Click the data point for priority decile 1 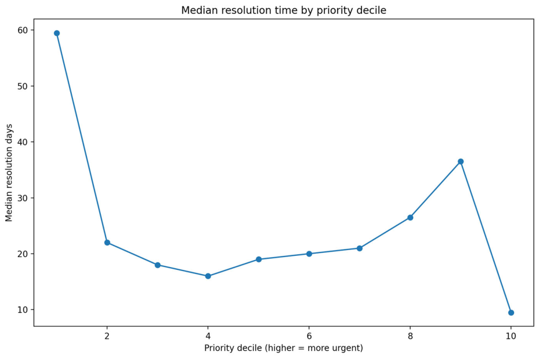tap(57, 33)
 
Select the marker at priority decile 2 tap(107, 243)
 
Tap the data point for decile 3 tap(158, 265)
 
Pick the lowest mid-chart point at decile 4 tap(208, 276)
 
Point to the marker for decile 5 tap(258, 259)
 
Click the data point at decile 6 tap(309, 254)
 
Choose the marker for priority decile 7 tap(360, 248)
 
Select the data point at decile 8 tap(410, 217)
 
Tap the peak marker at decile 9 tap(461, 161)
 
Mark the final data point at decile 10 tap(511, 312)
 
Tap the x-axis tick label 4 tap(208, 336)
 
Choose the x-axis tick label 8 tap(410, 336)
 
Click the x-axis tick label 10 tap(511, 336)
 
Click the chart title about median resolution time tap(284, 11)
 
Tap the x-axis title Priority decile tap(284, 348)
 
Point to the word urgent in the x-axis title tap(346, 348)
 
